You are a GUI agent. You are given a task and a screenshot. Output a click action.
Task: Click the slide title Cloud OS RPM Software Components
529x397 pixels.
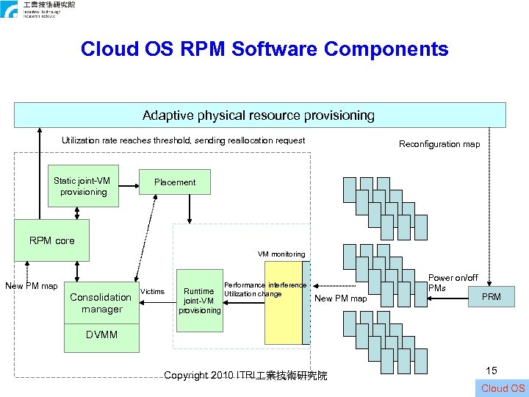tap(264, 49)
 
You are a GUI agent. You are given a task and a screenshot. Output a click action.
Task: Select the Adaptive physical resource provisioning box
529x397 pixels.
tap(259, 115)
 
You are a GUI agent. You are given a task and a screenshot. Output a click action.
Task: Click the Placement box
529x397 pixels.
tap(175, 182)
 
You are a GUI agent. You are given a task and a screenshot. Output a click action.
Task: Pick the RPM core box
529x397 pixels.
tap(51, 240)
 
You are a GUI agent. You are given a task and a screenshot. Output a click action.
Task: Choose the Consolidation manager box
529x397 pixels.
tap(101, 303)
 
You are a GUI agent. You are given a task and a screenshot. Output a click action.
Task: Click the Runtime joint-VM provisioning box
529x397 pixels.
tap(199, 301)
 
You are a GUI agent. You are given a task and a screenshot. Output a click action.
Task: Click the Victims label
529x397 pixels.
tap(152, 292)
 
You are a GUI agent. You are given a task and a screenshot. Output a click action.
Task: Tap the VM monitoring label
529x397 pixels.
tap(281, 254)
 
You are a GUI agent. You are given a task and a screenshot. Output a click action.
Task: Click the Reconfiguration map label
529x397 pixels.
tap(439, 144)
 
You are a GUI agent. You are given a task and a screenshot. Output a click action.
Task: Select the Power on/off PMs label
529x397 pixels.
tap(452, 283)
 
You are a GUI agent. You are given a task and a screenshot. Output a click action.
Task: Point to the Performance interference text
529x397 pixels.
tap(264, 285)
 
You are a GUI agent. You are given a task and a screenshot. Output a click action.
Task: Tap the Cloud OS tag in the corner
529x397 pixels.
tap(503, 388)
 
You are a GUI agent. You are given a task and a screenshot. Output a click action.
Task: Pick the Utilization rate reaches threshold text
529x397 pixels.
tap(183, 140)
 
